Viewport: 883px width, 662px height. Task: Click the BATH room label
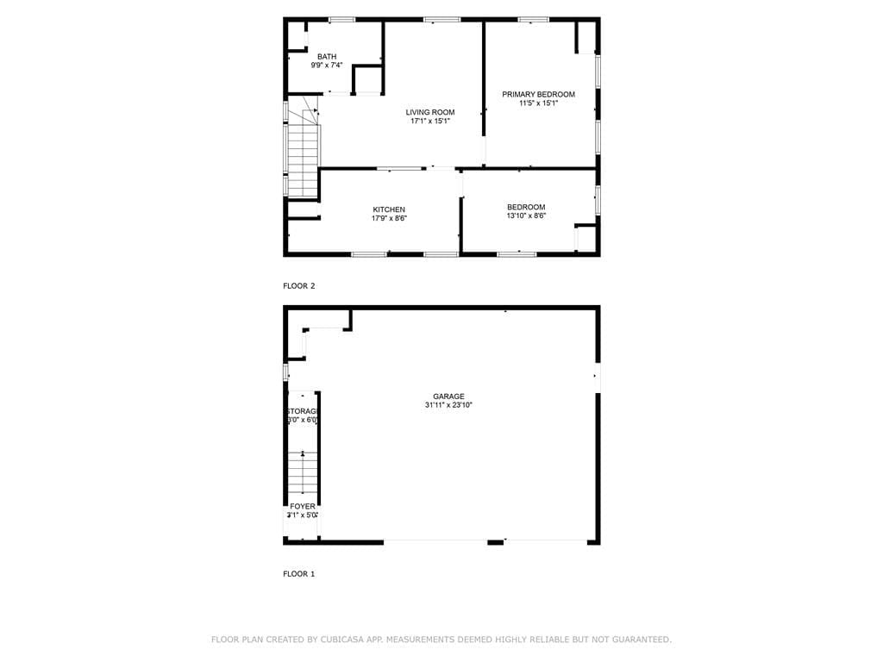[x=327, y=56]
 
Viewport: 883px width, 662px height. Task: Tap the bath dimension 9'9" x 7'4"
[x=327, y=66]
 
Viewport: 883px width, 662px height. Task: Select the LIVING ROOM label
[x=430, y=112]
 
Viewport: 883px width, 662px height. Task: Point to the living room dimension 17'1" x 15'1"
[x=430, y=122]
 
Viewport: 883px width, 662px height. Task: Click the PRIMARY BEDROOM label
[x=538, y=94]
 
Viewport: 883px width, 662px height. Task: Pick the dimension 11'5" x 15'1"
[x=538, y=103]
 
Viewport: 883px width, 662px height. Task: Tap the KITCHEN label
[x=389, y=209]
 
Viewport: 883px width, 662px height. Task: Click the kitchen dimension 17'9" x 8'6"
[x=389, y=219]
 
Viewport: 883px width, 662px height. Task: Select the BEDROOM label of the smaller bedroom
[x=526, y=207]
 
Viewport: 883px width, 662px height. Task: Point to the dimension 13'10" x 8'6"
[x=526, y=216]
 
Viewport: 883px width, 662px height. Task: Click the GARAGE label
[x=448, y=397]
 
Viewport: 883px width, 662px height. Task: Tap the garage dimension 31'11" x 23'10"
[x=448, y=405]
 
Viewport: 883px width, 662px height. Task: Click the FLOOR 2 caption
[x=299, y=285]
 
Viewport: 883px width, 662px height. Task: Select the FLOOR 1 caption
[x=299, y=573]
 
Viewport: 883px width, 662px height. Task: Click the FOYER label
[x=302, y=506]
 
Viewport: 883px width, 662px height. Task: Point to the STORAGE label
[x=303, y=411]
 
